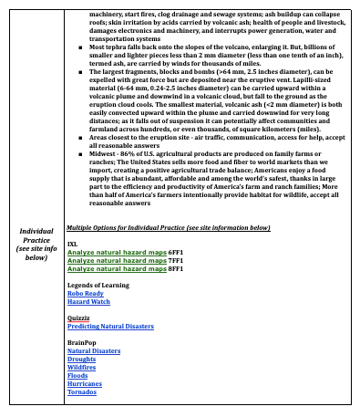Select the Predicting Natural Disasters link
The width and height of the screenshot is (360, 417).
tap(109, 326)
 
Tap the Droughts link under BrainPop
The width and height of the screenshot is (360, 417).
tap(82, 358)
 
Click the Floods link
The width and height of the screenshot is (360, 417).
tap(77, 374)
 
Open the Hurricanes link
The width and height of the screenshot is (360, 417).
tap(85, 382)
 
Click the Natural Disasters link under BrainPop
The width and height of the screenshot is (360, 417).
tap(94, 349)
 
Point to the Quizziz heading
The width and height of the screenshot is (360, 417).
tap(79, 318)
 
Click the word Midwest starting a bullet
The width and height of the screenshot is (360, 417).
tap(90, 171)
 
